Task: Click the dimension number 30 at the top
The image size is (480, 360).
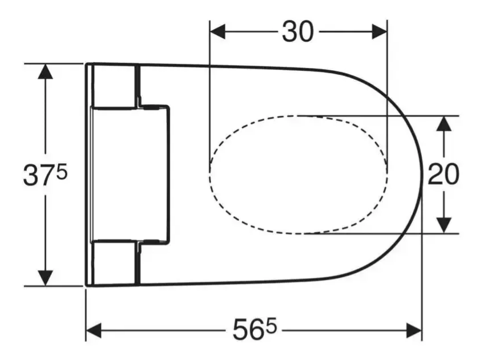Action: (x=298, y=31)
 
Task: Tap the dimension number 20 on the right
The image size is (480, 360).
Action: (x=443, y=174)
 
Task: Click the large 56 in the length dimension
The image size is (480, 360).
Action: (x=249, y=330)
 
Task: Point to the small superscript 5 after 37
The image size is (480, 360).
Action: (x=62, y=173)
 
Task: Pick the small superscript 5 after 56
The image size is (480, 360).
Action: (x=271, y=326)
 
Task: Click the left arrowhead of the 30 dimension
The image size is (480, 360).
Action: (x=217, y=31)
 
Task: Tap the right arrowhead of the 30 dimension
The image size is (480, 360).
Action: (x=380, y=31)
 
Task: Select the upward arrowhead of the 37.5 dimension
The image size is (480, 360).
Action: (x=45, y=71)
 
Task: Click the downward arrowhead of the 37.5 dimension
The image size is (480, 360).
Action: (x=45, y=278)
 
